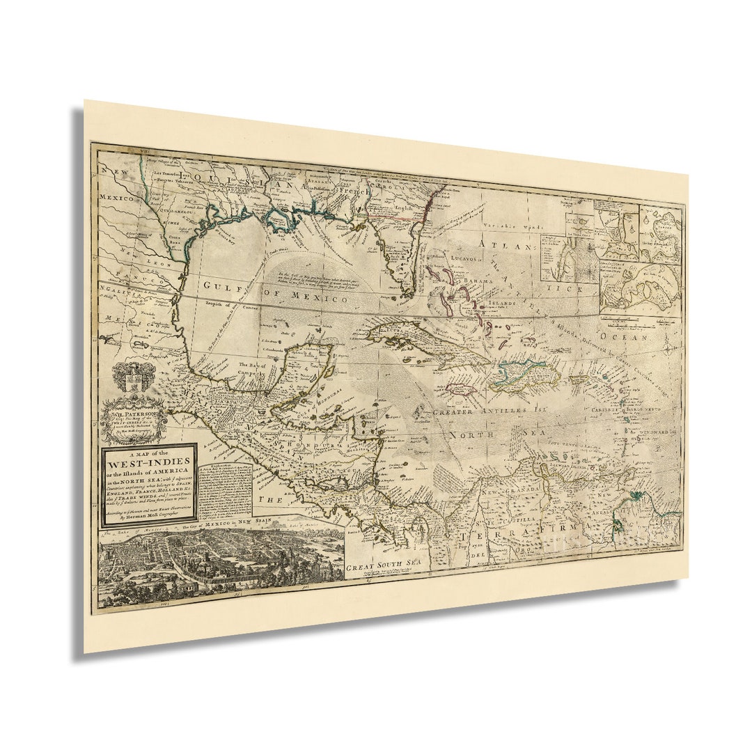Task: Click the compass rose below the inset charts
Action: tap(666, 348)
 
